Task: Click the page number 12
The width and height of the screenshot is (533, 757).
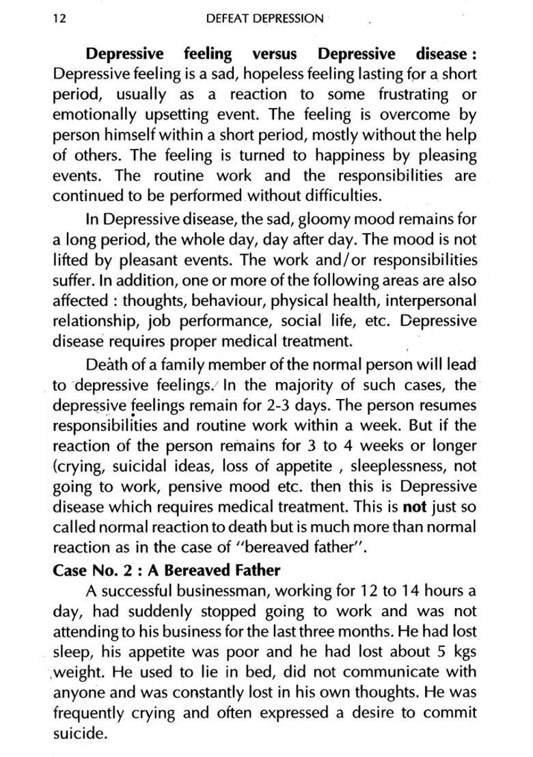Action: (59, 18)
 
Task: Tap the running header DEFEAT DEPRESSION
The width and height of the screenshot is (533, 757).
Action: (264, 18)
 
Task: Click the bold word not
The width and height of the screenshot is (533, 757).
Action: (413, 507)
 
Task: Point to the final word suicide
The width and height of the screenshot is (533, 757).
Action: (80, 734)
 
